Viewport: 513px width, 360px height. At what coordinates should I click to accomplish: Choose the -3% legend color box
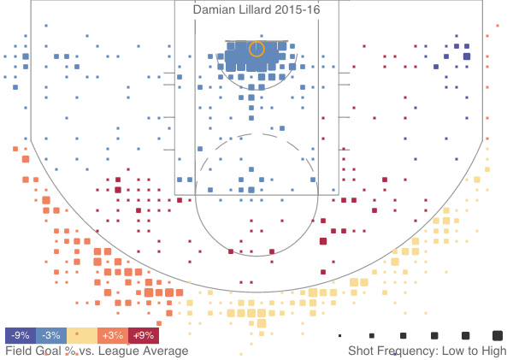[51, 335]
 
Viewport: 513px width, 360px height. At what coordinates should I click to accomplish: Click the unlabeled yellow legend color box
[82, 335]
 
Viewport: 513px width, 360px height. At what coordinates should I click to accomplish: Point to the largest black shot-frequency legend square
[497, 335]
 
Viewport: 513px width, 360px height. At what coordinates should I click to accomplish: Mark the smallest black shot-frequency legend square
[339, 335]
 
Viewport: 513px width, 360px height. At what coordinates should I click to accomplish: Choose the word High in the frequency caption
[493, 351]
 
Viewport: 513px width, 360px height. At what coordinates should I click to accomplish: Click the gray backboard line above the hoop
[256, 39]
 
